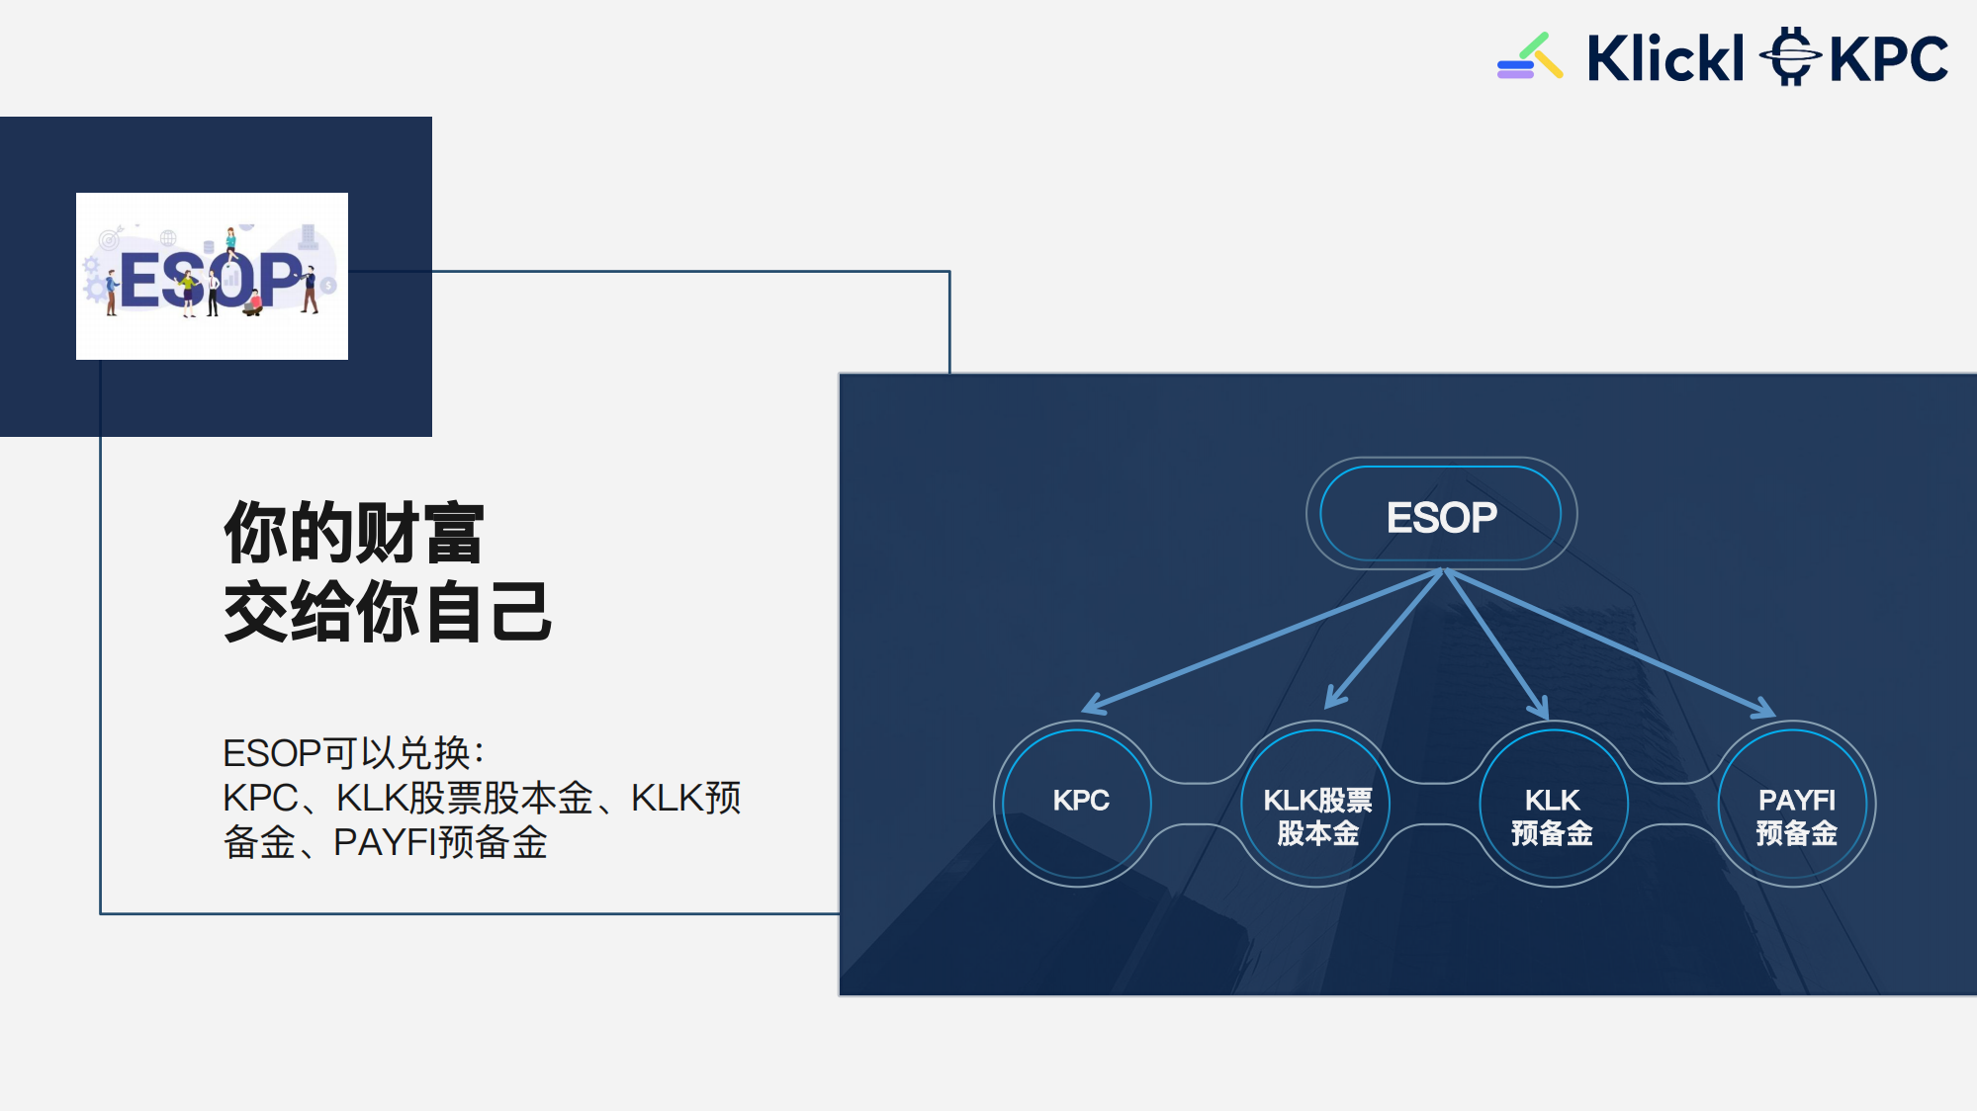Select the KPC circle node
coord(1078,801)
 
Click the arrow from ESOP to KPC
coord(1256,642)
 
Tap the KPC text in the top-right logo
coord(1888,59)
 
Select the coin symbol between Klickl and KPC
coord(1789,56)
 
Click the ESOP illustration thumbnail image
coord(212,276)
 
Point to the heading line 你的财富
coord(354,533)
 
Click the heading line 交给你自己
coord(387,612)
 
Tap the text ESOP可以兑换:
coord(353,753)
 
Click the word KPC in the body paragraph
coord(260,798)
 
